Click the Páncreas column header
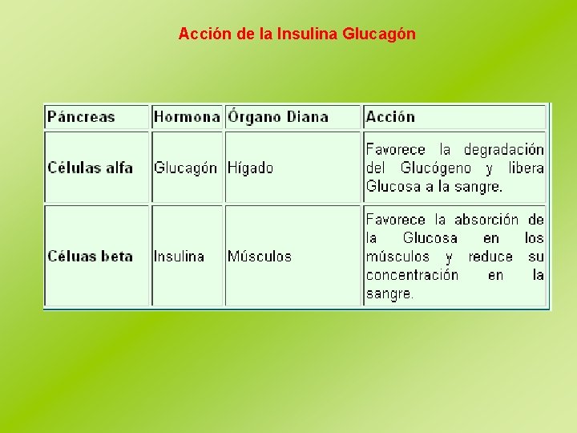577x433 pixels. tap(81, 117)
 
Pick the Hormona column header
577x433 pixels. tap(187, 117)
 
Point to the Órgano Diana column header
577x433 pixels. tap(278, 117)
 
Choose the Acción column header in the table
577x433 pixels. tap(390, 117)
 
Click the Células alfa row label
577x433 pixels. tap(90, 168)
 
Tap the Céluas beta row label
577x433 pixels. tap(90, 257)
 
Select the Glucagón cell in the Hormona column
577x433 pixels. tap(185, 168)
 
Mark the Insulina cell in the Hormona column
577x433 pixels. tap(179, 257)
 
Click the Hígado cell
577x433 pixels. tap(250, 168)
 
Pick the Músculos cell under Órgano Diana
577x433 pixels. tap(260, 257)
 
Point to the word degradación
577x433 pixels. tap(504, 150)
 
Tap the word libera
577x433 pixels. tap(526, 168)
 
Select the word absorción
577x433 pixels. tap(486, 220)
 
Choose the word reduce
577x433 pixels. tap(490, 257)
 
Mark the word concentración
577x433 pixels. tap(412, 275)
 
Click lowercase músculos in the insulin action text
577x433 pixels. tap(397, 257)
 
